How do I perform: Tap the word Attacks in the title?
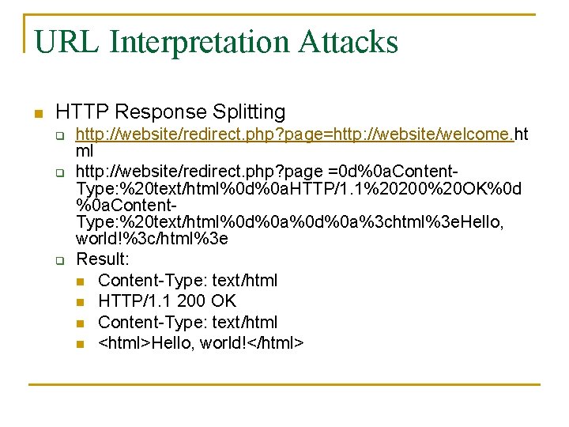coord(349,42)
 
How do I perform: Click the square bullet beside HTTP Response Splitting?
coord(36,113)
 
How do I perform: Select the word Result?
coord(102,259)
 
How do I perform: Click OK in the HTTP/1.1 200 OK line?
coord(224,301)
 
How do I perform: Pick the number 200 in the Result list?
coord(193,301)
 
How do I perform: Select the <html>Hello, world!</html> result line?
coord(201,342)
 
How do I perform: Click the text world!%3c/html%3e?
coord(152,239)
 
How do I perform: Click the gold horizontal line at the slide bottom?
coord(284,384)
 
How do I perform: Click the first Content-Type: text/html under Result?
coord(187,281)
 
